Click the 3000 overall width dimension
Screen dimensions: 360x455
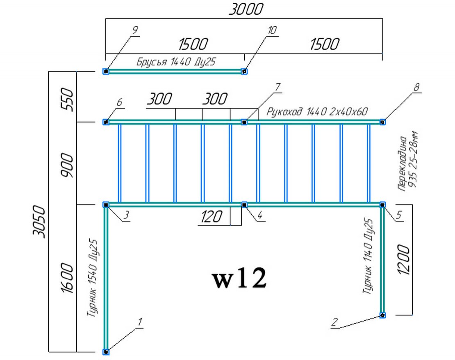point(244,9)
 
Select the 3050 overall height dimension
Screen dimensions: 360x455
point(40,221)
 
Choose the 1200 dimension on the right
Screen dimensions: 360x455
point(403,260)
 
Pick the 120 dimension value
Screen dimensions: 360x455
point(211,217)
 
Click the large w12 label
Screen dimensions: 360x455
point(240,279)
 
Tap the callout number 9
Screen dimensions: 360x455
point(135,29)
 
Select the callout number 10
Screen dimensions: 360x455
point(272,30)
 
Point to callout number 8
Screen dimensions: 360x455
point(417,87)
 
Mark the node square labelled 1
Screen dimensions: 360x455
point(106,351)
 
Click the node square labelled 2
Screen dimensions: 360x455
point(382,315)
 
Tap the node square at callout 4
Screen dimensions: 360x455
point(244,204)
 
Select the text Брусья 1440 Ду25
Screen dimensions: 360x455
point(175,62)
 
